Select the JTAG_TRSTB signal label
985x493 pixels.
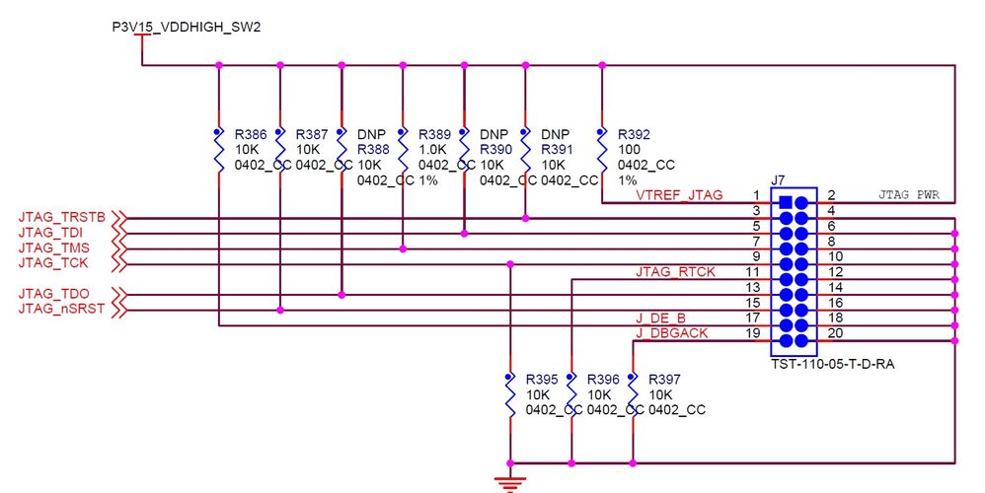point(61,217)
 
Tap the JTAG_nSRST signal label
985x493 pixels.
point(61,310)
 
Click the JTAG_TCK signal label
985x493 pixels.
point(53,263)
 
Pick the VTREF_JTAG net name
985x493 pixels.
point(679,195)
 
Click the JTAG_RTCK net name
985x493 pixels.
point(675,271)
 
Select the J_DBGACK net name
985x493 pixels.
point(671,333)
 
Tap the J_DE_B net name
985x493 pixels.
point(660,318)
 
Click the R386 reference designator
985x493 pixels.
point(251,135)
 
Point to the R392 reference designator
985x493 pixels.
point(634,135)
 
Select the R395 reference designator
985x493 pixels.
point(542,379)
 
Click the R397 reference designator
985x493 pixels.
point(664,379)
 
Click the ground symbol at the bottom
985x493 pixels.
point(510,482)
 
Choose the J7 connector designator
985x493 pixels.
point(778,180)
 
